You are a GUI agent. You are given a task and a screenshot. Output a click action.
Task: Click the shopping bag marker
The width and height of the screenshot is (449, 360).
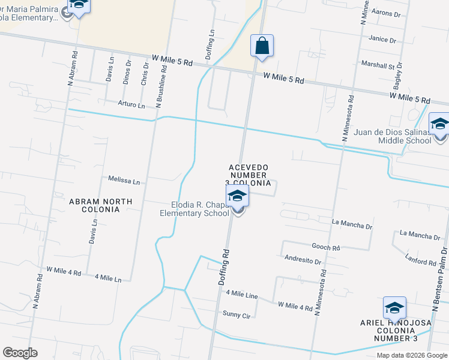point(262,46)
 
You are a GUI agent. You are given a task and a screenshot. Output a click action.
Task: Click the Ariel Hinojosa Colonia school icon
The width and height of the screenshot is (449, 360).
point(394,308)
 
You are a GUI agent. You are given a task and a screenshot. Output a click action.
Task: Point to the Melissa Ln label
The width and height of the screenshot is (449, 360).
point(124,180)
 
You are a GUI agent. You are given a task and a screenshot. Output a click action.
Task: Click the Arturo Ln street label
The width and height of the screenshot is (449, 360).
point(131,105)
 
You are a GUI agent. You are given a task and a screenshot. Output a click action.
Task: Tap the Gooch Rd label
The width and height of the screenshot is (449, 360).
point(326,247)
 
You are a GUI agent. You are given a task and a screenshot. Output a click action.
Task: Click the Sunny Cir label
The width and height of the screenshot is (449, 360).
point(236,314)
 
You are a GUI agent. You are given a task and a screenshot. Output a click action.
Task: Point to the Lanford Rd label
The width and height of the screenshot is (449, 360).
point(420,262)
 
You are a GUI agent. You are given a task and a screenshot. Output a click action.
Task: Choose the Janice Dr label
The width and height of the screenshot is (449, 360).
point(383,40)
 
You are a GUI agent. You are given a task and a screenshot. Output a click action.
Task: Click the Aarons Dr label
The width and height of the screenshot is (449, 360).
point(385,13)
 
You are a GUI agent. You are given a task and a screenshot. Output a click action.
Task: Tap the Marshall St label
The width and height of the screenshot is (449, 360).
point(381,64)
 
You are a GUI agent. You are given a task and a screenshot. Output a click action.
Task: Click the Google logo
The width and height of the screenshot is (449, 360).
point(20,353)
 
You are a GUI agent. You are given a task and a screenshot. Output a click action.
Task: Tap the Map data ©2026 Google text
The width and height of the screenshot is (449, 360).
point(411,355)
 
